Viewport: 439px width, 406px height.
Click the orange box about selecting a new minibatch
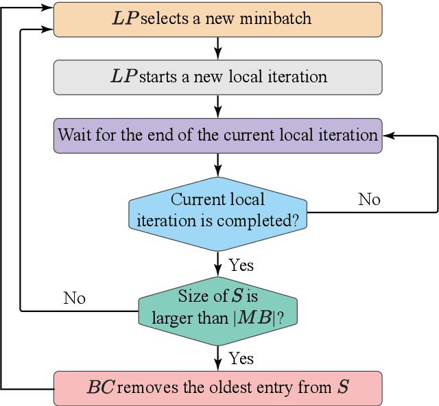point(217,19)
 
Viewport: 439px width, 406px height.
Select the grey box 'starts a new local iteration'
point(217,77)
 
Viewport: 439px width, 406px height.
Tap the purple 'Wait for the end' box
point(217,134)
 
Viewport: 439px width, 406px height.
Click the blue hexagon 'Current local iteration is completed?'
point(217,211)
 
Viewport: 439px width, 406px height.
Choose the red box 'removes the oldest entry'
point(217,387)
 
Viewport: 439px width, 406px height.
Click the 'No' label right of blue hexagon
point(369,200)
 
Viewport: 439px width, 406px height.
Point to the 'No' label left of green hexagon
point(74,298)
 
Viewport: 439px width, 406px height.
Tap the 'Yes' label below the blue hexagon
point(241,264)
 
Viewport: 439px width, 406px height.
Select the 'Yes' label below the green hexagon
point(241,359)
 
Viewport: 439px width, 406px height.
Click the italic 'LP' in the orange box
point(124,19)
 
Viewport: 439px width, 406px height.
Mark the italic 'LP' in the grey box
point(124,77)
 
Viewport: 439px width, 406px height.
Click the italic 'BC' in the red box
point(101,387)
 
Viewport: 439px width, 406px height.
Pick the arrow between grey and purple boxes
point(217,106)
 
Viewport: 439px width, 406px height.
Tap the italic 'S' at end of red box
point(342,387)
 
